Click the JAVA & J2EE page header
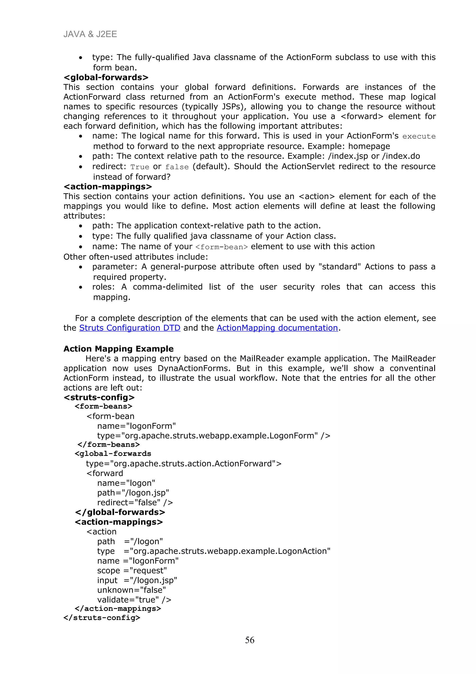coord(90,34)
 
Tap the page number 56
coord(250,640)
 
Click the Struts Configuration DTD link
coord(130,328)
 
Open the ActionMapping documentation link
coord(277,328)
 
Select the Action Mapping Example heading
coord(119,349)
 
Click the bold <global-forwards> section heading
coord(106,77)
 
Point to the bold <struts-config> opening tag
coord(99,397)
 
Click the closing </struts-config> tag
coord(102,618)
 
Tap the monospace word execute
coord(419,137)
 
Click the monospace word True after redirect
coord(140,167)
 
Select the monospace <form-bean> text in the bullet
coord(221,247)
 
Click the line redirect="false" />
coord(135,503)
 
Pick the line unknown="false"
coord(131,590)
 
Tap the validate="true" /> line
coord(134,600)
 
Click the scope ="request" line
coord(132,571)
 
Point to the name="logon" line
coord(126,483)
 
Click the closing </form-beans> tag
coord(109,445)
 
